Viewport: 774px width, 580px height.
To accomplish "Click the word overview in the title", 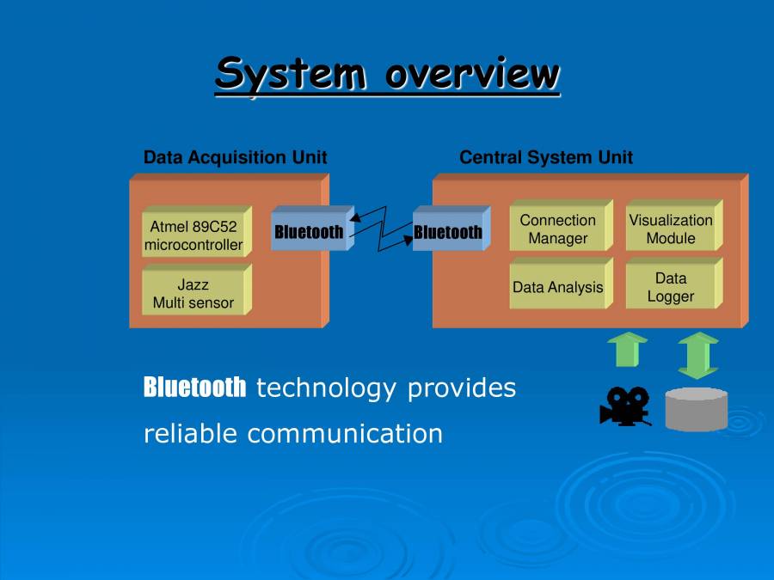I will pyautogui.click(x=472, y=74).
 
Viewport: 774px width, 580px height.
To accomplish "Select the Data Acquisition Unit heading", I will pyautogui.click(x=235, y=158).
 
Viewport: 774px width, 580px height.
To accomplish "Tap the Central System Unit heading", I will pyautogui.click(x=546, y=158).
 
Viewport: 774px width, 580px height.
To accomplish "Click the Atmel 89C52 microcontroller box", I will pyautogui.click(x=193, y=236).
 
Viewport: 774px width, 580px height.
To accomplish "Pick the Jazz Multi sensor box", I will pyautogui.click(x=193, y=293).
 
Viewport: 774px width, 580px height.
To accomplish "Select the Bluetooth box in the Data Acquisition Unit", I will pyautogui.click(x=309, y=232).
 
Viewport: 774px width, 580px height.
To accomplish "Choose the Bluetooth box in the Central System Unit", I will pyautogui.click(x=448, y=232).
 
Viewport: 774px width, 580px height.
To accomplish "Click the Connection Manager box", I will pyautogui.click(x=557, y=229).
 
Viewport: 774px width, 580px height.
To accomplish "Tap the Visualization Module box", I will pyautogui.click(x=671, y=229).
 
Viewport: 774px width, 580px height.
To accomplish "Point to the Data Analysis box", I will pyautogui.click(x=557, y=288).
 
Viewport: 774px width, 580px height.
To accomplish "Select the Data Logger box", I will pyautogui.click(x=671, y=288).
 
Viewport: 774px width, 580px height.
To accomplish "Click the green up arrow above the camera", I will pyautogui.click(x=627, y=351).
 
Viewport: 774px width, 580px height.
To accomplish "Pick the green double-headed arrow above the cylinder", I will pyautogui.click(x=697, y=355).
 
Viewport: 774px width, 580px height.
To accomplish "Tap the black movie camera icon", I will pyautogui.click(x=625, y=406).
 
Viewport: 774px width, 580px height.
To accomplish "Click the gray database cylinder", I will pyautogui.click(x=697, y=409).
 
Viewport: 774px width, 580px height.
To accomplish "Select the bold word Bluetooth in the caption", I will pyautogui.click(x=194, y=388).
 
